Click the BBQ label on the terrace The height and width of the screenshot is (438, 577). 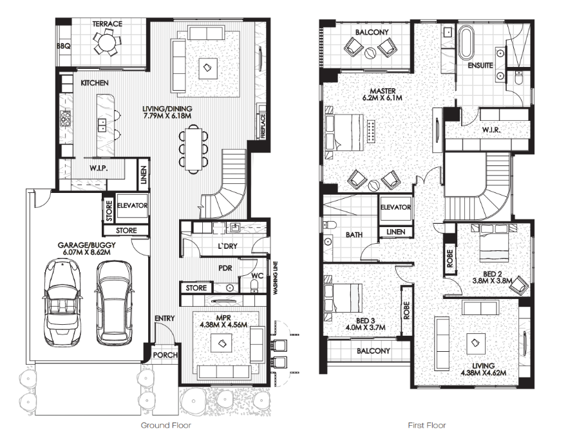[64, 46]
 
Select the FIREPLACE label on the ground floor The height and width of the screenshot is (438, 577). [263, 126]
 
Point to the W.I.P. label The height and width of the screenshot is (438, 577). [99, 169]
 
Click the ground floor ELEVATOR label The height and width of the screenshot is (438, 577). [132, 205]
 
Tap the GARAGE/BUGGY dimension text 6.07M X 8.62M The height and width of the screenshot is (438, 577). [87, 252]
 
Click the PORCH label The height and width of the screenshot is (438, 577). [166, 354]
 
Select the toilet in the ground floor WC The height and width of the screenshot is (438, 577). [254, 285]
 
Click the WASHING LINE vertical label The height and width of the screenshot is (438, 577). [275, 277]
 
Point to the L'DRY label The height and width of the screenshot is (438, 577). [227, 246]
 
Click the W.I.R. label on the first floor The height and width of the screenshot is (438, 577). [491, 130]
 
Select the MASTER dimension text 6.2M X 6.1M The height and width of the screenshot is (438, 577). [383, 98]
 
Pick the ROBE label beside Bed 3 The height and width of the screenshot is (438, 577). [406, 311]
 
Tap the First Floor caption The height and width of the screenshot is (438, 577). [427, 425]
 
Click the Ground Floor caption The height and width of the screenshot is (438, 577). [166, 425]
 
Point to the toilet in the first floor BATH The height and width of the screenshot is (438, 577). [330, 224]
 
